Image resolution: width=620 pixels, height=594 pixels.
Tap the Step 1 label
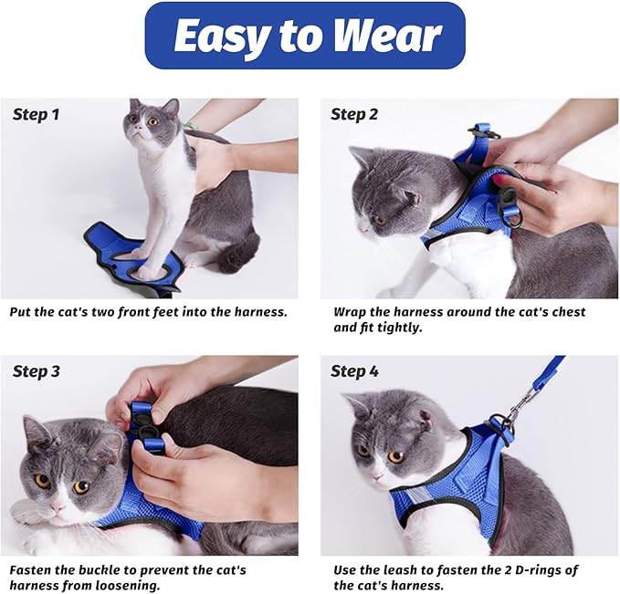[37, 115]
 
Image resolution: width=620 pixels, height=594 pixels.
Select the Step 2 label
[354, 115]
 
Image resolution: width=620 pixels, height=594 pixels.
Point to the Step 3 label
[37, 371]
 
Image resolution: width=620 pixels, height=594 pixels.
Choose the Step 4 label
[354, 371]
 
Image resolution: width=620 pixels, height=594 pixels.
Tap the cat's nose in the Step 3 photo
[58, 504]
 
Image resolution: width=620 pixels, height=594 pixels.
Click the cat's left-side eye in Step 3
[42, 480]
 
